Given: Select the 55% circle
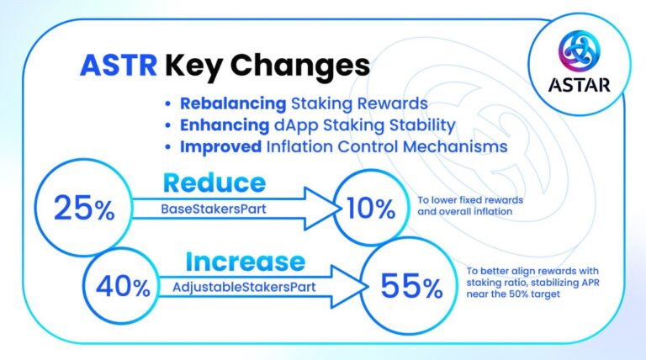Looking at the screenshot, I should pyautogui.click(x=410, y=287).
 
